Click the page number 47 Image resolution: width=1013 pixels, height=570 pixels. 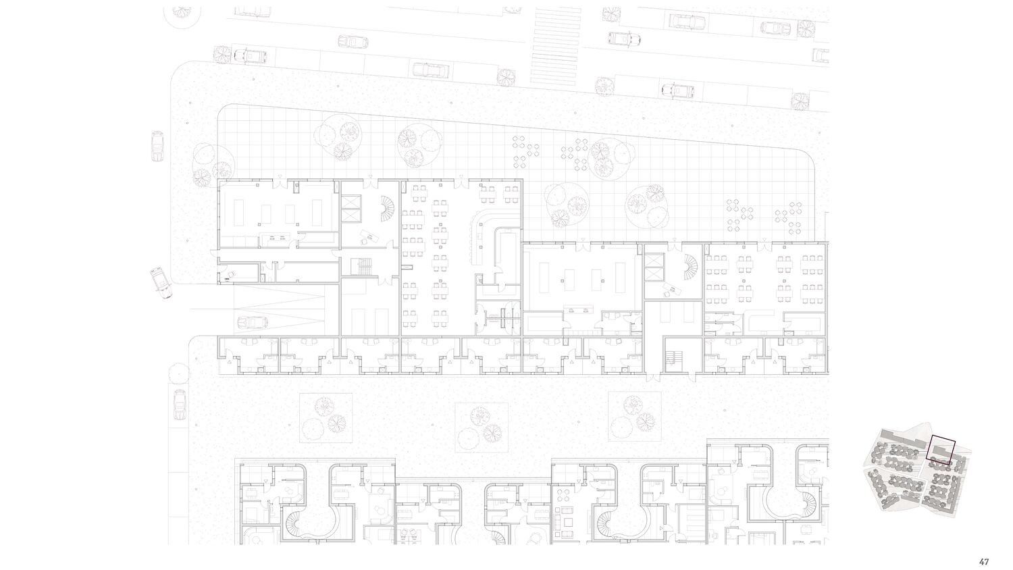tap(983, 562)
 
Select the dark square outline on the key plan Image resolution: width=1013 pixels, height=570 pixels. tap(941, 450)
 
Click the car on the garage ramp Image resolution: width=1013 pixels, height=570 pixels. tap(253, 322)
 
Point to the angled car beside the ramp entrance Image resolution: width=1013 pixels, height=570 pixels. tap(161, 283)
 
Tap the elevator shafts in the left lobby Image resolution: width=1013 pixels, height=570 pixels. tap(351, 209)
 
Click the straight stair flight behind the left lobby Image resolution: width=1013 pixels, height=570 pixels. tap(362, 267)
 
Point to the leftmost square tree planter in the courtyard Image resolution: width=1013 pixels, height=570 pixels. tap(326, 417)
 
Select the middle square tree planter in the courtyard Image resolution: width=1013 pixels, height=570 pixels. tap(482, 427)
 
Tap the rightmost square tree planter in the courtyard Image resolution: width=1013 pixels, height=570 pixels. tap(635, 417)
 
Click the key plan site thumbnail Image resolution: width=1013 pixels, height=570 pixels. tap(918, 471)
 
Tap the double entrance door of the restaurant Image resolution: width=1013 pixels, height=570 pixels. tap(461, 182)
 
